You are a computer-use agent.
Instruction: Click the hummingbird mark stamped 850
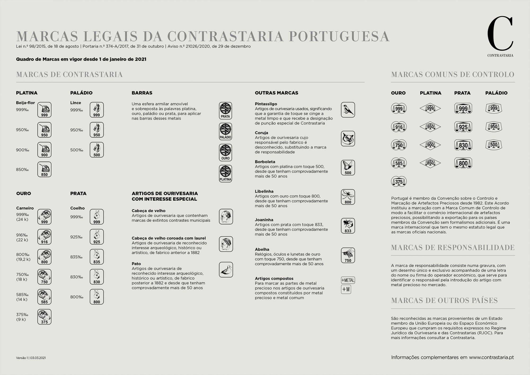[x=44, y=169]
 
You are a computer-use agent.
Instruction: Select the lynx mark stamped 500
[x=97, y=150]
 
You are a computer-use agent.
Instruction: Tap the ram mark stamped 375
[x=44, y=317]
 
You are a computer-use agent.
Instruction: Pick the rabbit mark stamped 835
[x=97, y=257]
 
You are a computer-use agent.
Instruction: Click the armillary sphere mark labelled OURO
[x=226, y=152]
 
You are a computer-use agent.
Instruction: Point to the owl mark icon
[x=348, y=138]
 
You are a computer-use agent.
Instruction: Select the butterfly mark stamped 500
[x=348, y=168]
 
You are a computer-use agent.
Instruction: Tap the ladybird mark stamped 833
[x=348, y=226]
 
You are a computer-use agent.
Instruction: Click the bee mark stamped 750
[x=348, y=255]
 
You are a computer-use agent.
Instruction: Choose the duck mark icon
[x=226, y=270]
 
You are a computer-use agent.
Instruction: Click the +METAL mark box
[x=348, y=280]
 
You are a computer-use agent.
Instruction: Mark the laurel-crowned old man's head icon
[x=226, y=244]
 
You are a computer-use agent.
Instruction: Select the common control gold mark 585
[x=399, y=163]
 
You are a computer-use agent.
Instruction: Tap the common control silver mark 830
[x=463, y=145]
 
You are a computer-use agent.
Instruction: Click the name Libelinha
[x=264, y=191]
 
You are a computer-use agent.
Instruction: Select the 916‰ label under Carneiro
[x=22, y=235]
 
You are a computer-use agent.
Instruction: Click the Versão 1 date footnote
[x=31, y=358]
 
